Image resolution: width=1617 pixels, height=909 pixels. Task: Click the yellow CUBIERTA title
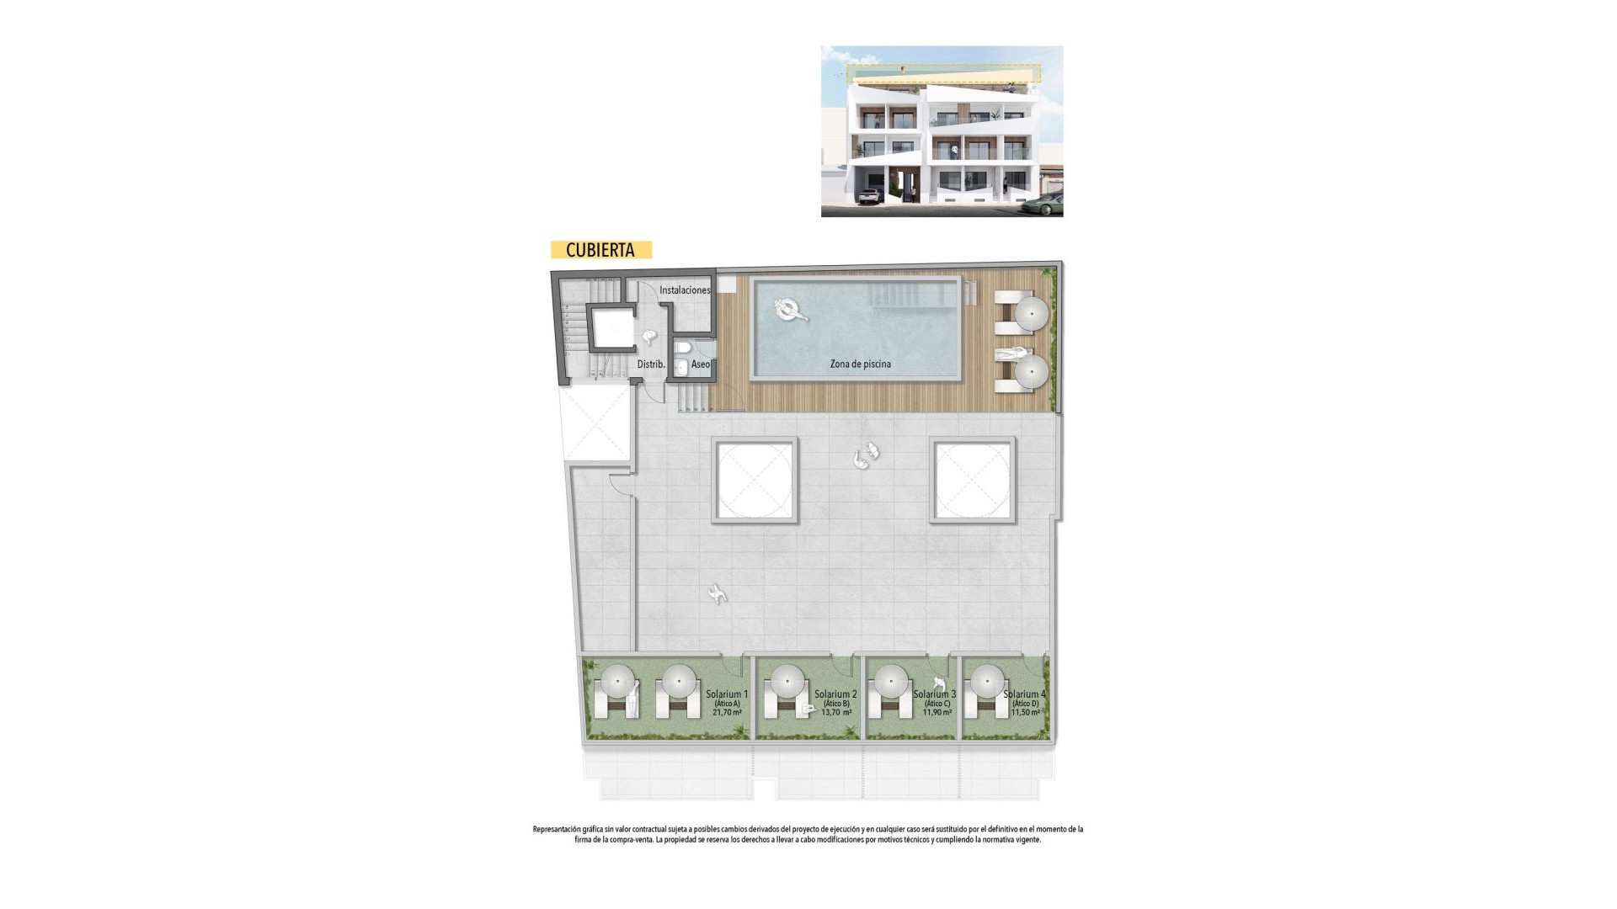click(600, 250)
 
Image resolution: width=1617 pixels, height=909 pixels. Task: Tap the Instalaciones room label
click(685, 290)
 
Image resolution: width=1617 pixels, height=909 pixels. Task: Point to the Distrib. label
click(651, 364)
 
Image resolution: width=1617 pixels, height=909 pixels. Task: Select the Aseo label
click(700, 364)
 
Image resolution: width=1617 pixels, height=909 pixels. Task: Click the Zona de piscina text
click(860, 364)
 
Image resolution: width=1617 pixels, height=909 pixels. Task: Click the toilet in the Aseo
click(683, 348)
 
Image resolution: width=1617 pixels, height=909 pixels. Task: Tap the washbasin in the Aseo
click(680, 368)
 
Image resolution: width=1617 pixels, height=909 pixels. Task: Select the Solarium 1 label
click(727, 694)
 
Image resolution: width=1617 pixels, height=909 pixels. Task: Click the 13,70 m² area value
click(836, 712)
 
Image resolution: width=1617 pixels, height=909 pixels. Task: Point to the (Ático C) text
click(937, 704)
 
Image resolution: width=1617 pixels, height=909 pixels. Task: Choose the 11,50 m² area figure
click(1025, 712)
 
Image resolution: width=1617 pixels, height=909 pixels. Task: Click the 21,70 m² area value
click(727, 712)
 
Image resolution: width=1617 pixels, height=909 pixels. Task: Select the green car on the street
click(1044, 205)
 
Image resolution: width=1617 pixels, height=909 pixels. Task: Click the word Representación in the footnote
click(557, 829)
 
